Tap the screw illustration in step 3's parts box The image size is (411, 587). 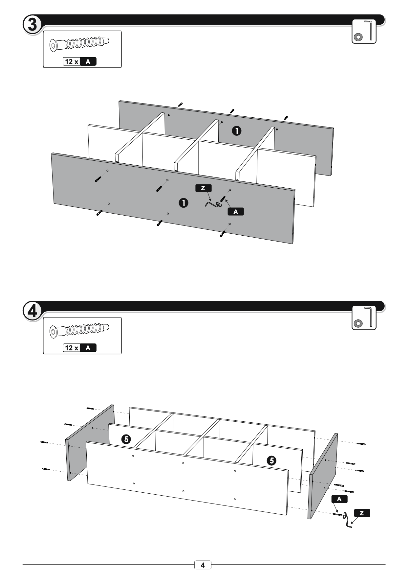pyautogui.click(x=79, y=44)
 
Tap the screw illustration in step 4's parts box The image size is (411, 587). pyautogui.click(x=79, y=330)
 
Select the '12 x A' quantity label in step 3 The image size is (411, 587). pyautogui.click(x=79, y=61)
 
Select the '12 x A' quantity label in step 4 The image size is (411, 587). pyautogui.click(x=79, y=348)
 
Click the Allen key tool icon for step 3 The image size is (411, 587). pyautogui.click(x=364, y=32)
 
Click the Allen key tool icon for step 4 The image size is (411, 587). pyautogui.click(x=364, y=318)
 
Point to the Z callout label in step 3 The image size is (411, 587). pyautogui.click(x=203, y=188)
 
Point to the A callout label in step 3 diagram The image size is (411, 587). pyautogui.click(x=236, y=212)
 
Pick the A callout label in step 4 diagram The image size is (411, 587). pyautogui.click(x=339, y=499)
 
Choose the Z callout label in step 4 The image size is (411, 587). pyautogui.click(x=362, y=513)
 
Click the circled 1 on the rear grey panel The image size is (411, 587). pyautogui.click(x=236, y=131)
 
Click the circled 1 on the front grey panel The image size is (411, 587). pyautogui.click(x=183, y=203)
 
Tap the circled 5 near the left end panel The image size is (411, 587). pyautogui.click(x=126, y=439)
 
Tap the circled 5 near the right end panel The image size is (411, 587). pyautogui.click(x=271, y=460)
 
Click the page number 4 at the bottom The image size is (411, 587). pyautogui.click(x=203, y=565)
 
